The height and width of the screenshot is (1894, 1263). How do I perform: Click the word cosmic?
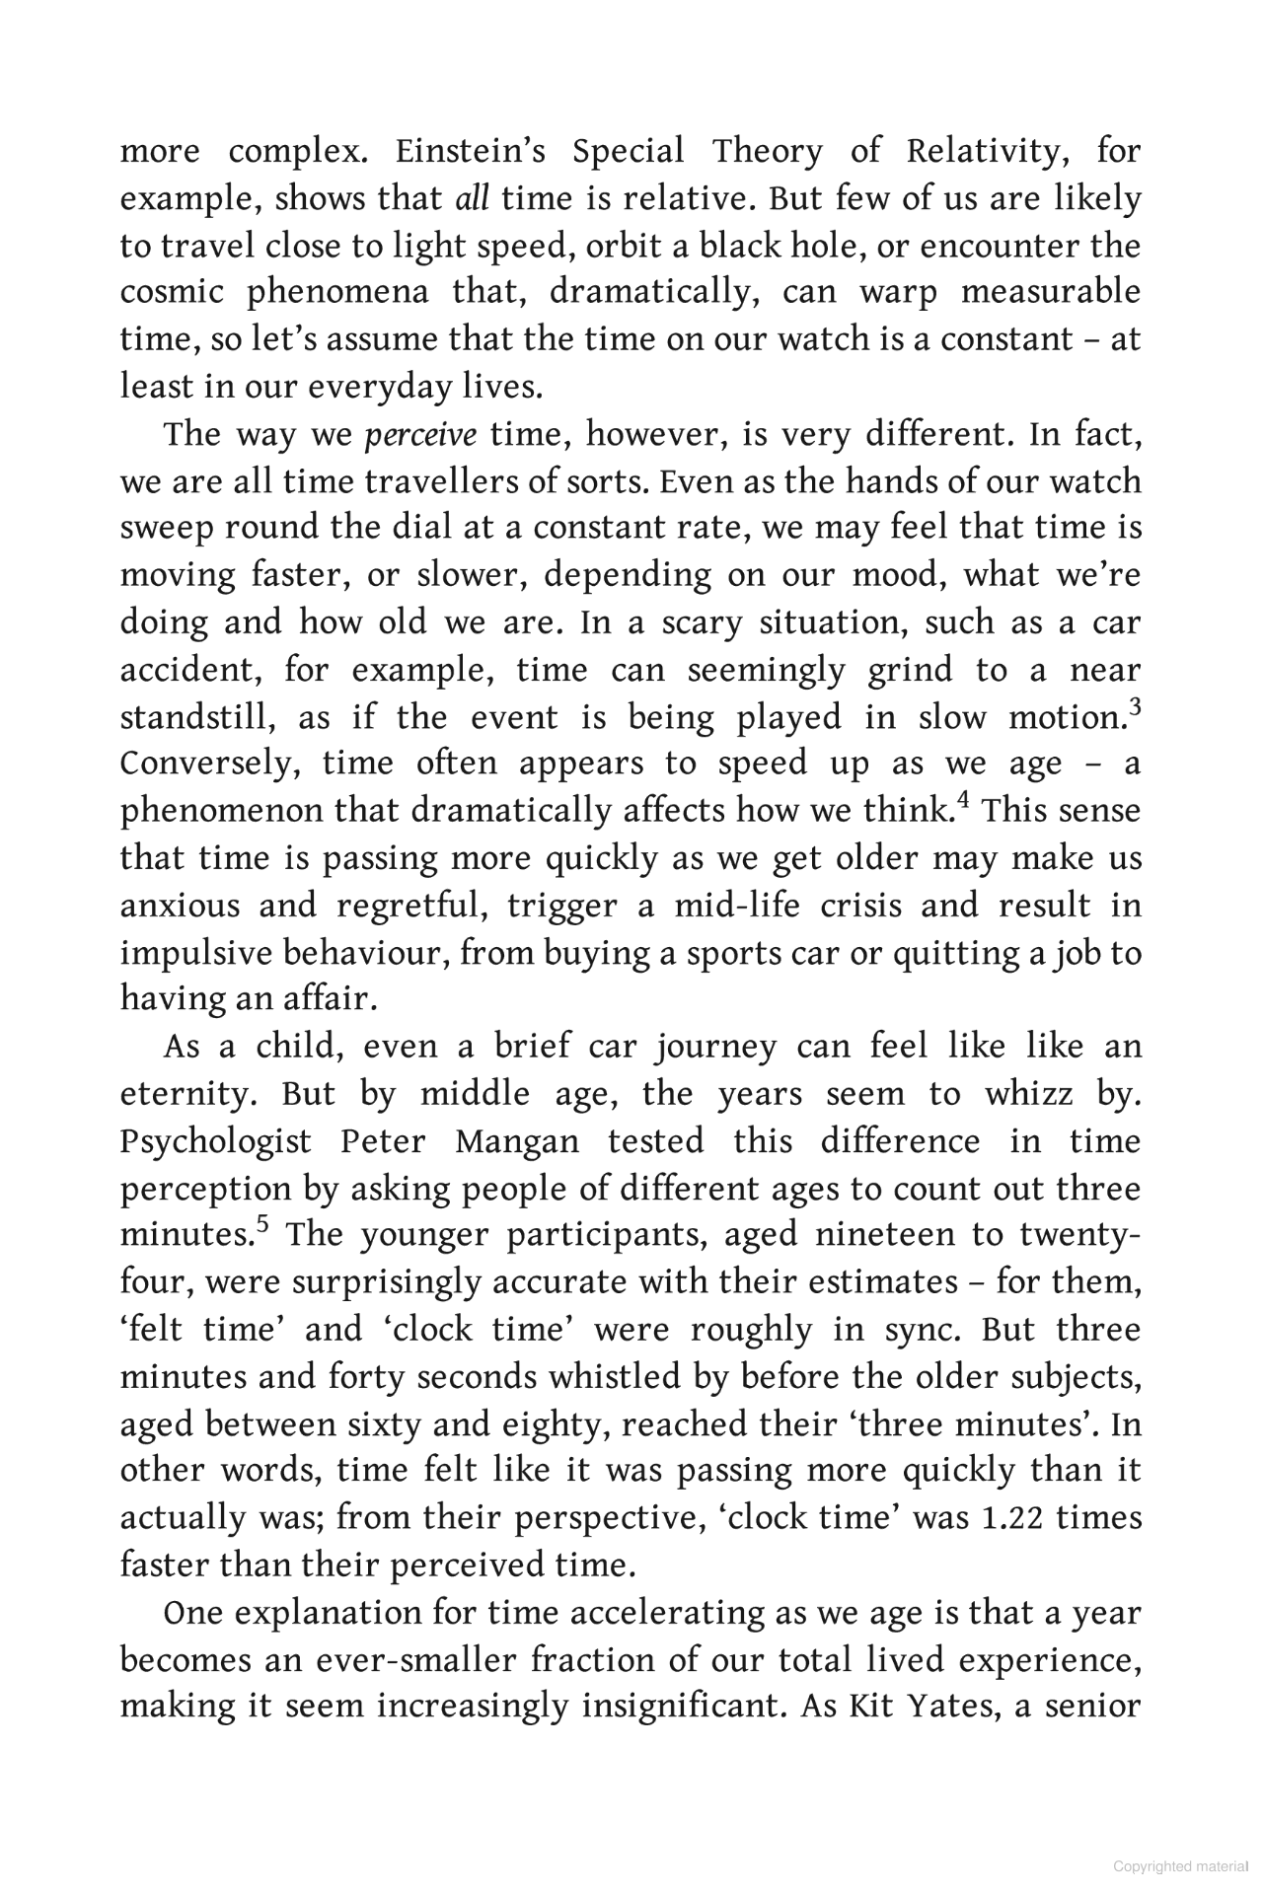tap(169, 293)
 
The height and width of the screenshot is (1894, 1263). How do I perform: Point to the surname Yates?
tap(936, 1708)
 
